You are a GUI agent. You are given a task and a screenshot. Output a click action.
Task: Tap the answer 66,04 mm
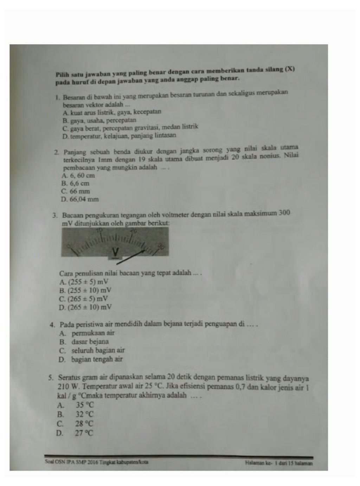pos(80,200)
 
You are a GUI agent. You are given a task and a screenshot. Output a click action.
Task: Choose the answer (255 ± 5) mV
pos(84,282)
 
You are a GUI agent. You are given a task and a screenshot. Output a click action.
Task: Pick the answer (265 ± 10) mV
pos(85,307)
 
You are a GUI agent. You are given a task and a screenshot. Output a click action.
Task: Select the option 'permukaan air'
pos(93,333)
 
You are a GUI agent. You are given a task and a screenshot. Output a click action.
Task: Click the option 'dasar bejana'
pos(90,342)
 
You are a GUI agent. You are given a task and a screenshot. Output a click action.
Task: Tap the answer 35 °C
pos(85,405)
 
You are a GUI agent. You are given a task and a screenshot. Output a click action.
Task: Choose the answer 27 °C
pos(84,433)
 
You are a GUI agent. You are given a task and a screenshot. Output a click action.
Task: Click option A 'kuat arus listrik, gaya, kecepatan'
pos(111,112)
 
